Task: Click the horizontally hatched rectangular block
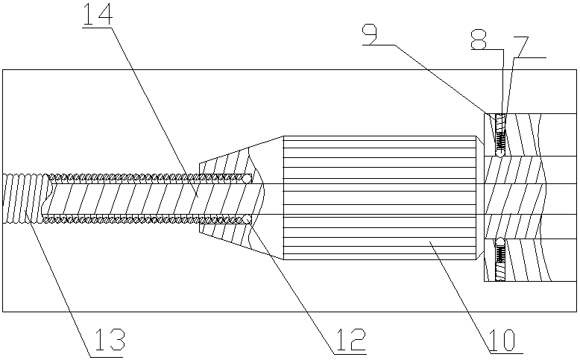point(379,198)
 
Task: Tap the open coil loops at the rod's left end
point(22,198)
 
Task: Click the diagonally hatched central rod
point(149,199)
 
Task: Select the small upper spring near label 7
point(501,134)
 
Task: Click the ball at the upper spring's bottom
point(501,154)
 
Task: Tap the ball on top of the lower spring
point(501,241)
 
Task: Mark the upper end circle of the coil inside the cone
point(248,177)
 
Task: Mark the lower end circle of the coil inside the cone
point(246,219)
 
